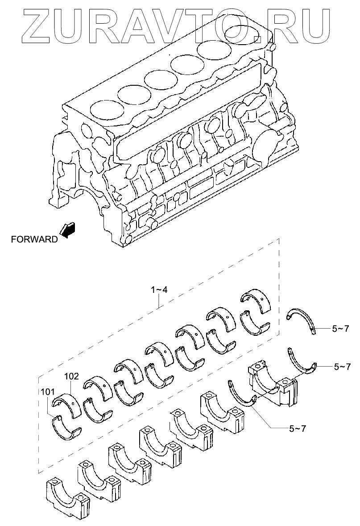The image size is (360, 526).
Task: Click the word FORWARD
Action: tap(34, 239)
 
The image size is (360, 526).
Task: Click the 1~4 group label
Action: tap(159, 290)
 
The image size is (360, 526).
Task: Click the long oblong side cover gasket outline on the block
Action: tap(187, 112)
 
